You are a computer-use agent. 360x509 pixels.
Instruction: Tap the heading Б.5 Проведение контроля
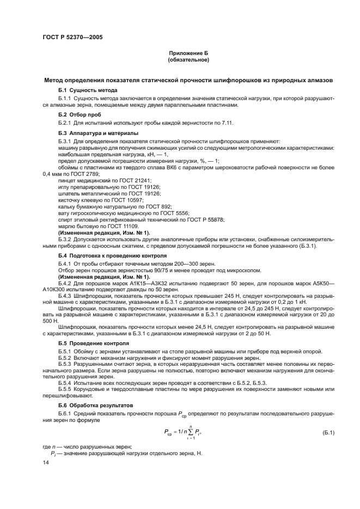click(x=94, y=344)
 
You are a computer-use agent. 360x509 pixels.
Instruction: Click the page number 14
click(x=46, y=462)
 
